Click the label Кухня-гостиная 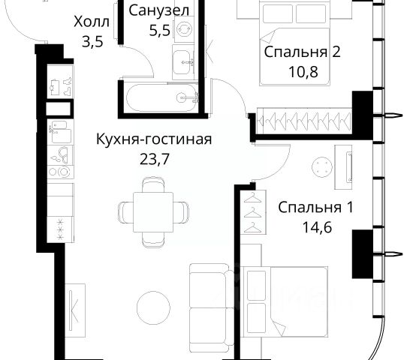pos(154,139)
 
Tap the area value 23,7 pos(155,159)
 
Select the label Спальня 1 pos(315,208)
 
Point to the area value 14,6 pos(317,227)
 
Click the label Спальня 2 pos(302,52)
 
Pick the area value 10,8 pos(303,71)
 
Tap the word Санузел pos(158,10)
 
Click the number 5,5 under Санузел pos(160,30)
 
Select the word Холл pos(92,22)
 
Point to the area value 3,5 pos(92,41)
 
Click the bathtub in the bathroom pos(161,98)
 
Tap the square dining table pos(153,212)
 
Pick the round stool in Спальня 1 pos(322,167)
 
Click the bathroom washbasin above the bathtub pos(183,62)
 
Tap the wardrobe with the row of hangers pos(306,121)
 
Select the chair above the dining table pos(153,184)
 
